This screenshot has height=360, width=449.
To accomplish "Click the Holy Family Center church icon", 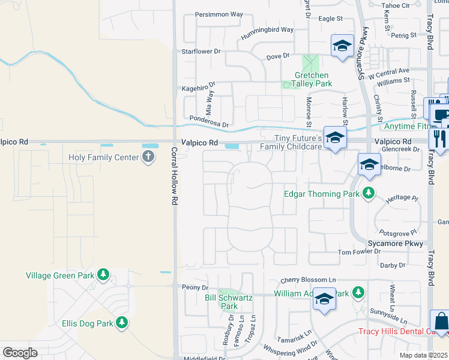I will (148, 158).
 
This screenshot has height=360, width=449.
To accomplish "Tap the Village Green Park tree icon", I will (103, 275).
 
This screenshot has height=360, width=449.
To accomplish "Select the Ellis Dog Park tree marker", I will (122, 323).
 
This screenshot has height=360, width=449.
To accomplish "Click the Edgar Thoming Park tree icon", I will (369, 193).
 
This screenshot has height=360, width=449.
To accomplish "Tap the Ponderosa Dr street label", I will (209, 122).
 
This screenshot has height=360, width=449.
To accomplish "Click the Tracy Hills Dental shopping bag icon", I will (440, 322).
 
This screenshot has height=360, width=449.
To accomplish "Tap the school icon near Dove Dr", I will (342, 46).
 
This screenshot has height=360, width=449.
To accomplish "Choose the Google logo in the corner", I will (20, 352).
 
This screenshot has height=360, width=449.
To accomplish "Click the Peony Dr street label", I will (195, 288).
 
